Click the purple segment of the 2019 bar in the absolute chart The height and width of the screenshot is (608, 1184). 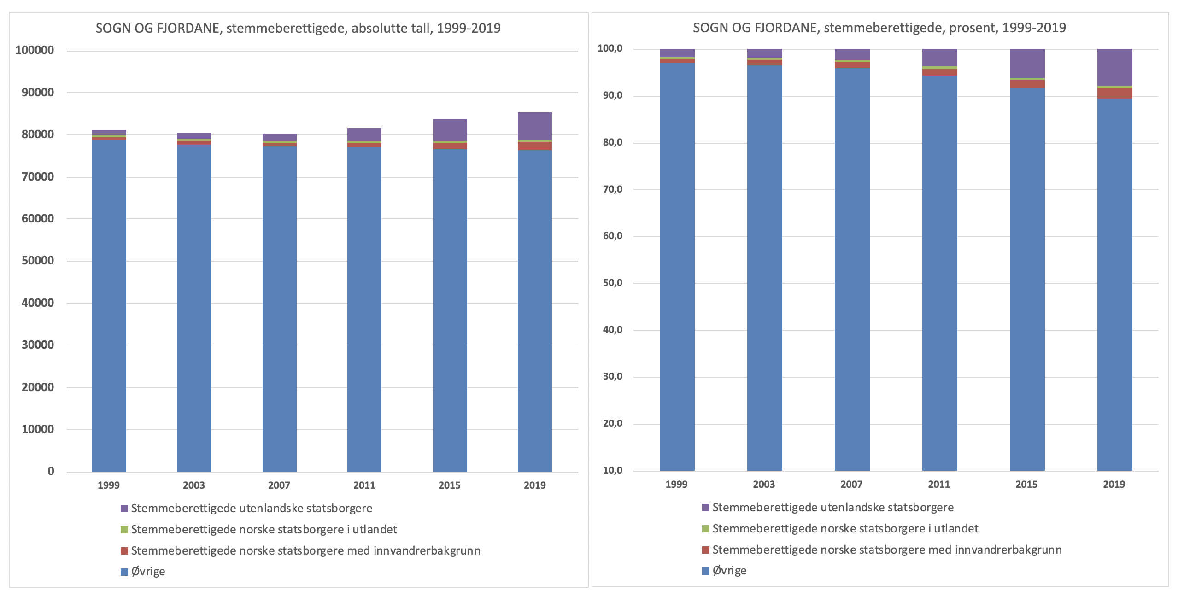click(x=534, y=126)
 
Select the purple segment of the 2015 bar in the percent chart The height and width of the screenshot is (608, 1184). click(x=1027, y=63)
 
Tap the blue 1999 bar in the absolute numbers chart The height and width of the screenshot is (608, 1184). click(x=109, y=304)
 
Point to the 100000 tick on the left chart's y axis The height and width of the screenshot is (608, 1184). click(x=35, y=50)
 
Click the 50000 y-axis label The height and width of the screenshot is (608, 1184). click(x=37, y=261)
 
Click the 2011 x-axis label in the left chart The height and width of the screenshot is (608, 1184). click(x=364, y=485)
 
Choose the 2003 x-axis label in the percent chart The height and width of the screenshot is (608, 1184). click(x=764, y=484)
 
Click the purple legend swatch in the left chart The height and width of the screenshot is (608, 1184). click(x=124, y=509)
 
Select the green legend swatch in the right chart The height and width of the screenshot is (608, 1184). click(x=705, y=529)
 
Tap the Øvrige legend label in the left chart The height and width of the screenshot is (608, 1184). click(x=148, y=572)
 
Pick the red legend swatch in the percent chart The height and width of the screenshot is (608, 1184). click(x=705, y=550)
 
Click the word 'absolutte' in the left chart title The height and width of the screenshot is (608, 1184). click(x=375, y=29)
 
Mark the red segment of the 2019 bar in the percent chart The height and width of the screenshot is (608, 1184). click(x=1114, y=93)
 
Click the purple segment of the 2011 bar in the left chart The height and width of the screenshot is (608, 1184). click(x=364, y=134)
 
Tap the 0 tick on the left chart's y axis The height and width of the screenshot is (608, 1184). click(x=51, y=471)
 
